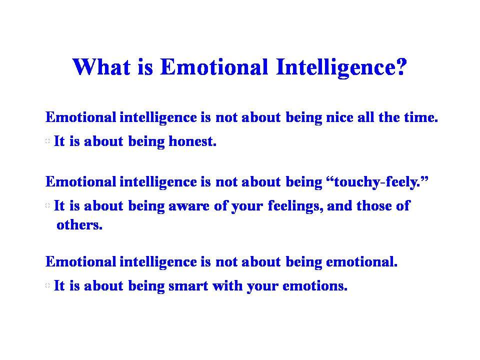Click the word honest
(192, 141)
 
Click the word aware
(189, 206)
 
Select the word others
(79, 225)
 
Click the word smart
(188, 286)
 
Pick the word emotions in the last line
(315, 286)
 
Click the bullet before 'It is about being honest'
(47, 141)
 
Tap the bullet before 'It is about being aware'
(47, 205)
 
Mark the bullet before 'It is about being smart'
(47, 285)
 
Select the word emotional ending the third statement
(361, 261)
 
